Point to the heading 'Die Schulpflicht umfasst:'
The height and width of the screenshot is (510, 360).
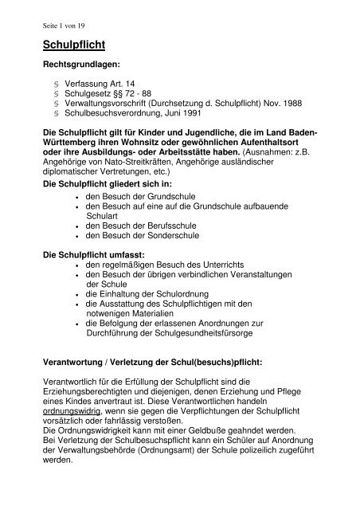tap(98, 254)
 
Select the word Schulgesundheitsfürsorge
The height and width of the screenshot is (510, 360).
tap(195, 336)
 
